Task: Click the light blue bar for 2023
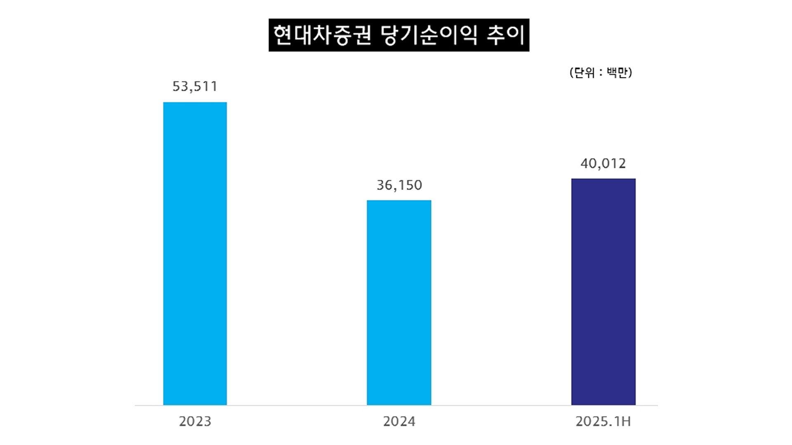195,253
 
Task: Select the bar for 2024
399,302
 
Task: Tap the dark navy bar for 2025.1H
603,292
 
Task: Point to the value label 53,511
195,86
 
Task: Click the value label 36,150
399,185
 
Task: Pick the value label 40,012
603,164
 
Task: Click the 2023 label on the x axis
195,422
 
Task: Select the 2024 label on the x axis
399,422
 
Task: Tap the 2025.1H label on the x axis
603,422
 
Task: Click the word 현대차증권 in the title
322,35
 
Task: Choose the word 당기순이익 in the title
429,35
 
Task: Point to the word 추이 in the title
506,35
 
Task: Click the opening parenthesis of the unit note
572,73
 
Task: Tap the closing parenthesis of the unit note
630,73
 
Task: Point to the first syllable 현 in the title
283,35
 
